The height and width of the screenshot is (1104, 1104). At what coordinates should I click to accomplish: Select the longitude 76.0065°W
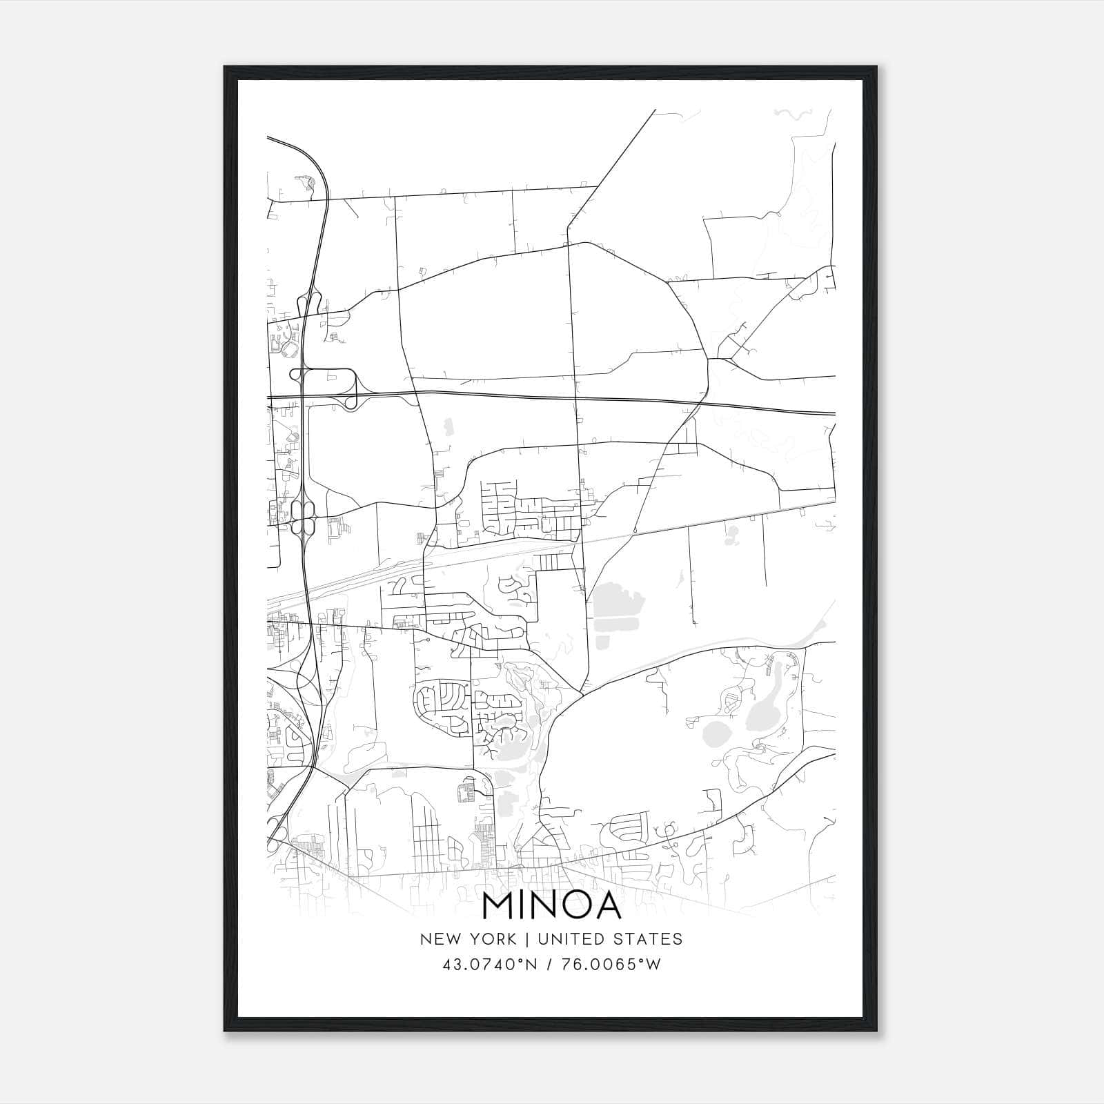pos(612,965)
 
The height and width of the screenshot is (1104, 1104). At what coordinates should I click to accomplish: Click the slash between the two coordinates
pos(548,965)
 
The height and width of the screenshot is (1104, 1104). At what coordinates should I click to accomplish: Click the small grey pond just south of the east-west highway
pos(448,427)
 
